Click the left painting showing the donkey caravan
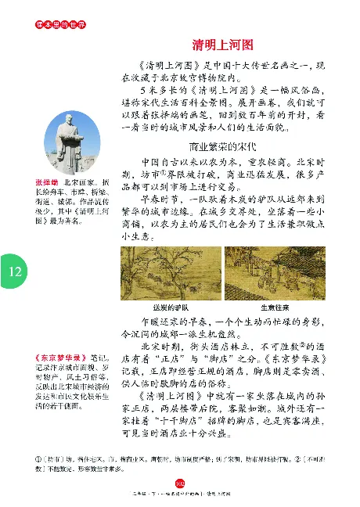(x=171, y=272)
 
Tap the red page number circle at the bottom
(x=179, y=484)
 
